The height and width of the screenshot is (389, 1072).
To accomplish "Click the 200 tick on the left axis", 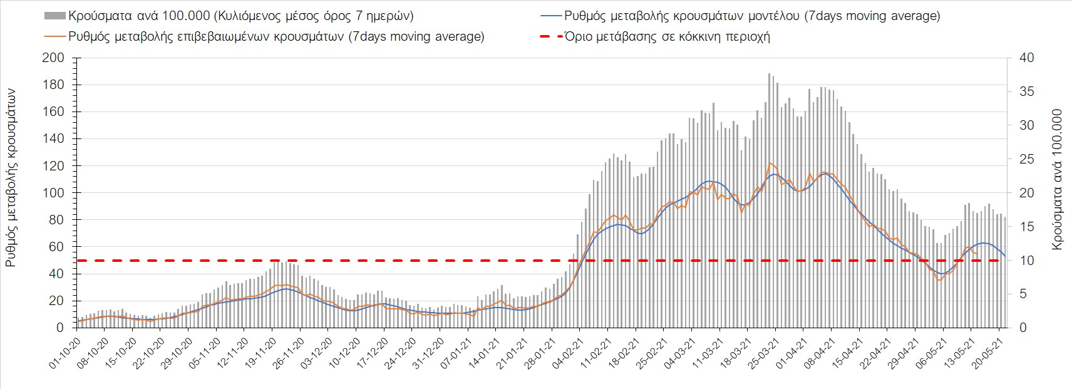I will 56,58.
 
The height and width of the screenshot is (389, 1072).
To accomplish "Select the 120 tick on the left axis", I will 56,166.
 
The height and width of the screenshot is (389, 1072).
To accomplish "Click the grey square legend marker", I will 55,16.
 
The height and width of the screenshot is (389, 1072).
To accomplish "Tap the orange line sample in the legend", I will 55,36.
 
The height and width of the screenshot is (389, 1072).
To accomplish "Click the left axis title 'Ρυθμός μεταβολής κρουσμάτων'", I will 11,177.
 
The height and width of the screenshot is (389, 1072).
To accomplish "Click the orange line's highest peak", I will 770,163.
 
